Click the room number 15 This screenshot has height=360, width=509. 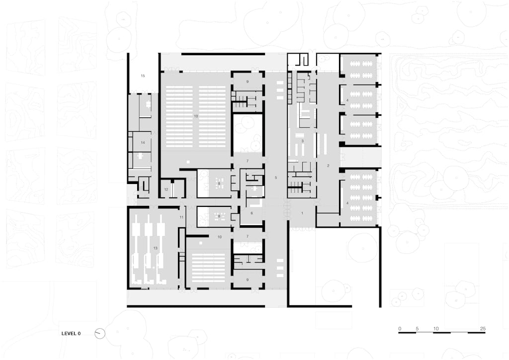[x=143, y=76]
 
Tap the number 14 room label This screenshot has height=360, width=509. [x=143, y=143]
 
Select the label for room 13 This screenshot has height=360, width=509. [x=155, y=248]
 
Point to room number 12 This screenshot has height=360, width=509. [x=166, y=189]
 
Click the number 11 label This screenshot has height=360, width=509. [x=181, y=217]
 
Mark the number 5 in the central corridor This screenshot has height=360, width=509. [x=276, y=178]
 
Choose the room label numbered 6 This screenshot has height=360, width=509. [x=252, y=213]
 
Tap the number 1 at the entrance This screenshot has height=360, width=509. [x=302, y=213]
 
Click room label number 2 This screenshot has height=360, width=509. [x=328, y=166]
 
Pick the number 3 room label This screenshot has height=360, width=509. [x=303, y=141]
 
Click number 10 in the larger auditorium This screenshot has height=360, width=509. [x=196, y=116]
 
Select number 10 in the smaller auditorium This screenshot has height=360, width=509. [x=219, y=237]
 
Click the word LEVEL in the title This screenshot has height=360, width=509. [x=68, y=333]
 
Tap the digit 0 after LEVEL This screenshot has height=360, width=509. [x=79, y=333]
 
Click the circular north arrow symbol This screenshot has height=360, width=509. [x=100, y=334]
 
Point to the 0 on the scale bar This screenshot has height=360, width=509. [x=400, y=329]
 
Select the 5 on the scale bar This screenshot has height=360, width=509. [x=417, y=329]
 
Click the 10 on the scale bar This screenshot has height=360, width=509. [x=436, y=329]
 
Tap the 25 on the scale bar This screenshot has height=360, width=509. [x=483, y=329]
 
